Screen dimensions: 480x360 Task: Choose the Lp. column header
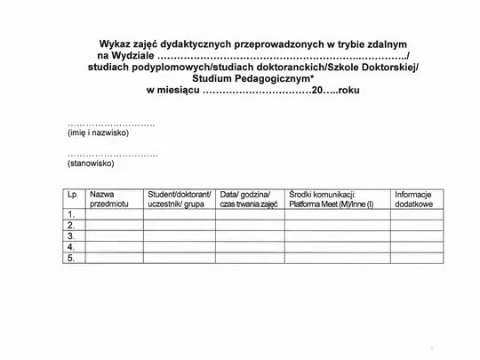[72, 194]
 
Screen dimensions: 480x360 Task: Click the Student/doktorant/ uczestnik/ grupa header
[179, 199]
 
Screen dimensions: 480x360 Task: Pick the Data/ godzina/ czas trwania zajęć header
[249, 199]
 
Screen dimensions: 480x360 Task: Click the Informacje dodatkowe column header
[413, 199]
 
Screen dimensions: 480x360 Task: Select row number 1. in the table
[70, 214]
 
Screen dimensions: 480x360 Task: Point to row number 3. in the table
[70, 236]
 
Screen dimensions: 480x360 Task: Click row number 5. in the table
[70, 258]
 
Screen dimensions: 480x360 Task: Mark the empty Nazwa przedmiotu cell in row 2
[114, 226]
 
